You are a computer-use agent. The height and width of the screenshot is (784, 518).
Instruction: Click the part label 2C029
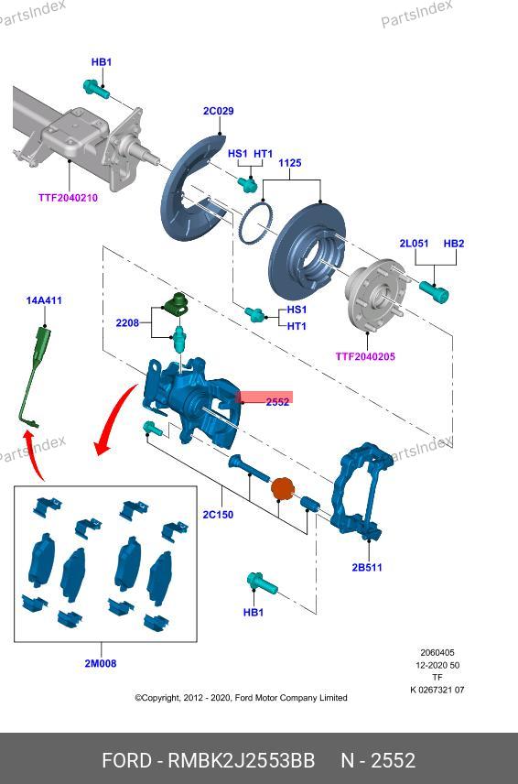pyautogui.click(x=219, y=111)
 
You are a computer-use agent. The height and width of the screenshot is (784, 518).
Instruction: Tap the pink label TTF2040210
pyautogui.click(x=68, y=198)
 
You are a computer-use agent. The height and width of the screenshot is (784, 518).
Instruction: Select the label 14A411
pyautogui.click(x=44, y=300)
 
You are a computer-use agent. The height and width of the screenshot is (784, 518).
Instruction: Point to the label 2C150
pyautogui.click(x=218, y=515)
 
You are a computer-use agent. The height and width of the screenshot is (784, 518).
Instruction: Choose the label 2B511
pyautogui.click(x=367, y=568)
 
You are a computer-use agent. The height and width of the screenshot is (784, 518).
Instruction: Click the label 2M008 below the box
pyautogui.click(x=101, y=663)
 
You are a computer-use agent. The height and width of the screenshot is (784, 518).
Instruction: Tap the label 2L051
pyautogui.click(x=414, y=244)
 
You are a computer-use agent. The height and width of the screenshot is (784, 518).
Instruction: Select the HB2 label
pyautogui.click(x=454, y=244)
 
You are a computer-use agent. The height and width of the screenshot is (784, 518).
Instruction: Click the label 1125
pyautogui.click(x=290, y=163)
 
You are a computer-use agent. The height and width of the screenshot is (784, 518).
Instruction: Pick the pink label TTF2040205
pyautogui.click(x=365, y=356)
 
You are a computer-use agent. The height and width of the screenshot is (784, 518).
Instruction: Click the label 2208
pyautogui.click(x=127, y=323)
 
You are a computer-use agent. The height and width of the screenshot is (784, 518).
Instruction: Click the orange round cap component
pyautogui.click(x=282, y=488)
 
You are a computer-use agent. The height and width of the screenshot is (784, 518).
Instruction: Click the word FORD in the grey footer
pyautogui.click(x=126, y=760)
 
